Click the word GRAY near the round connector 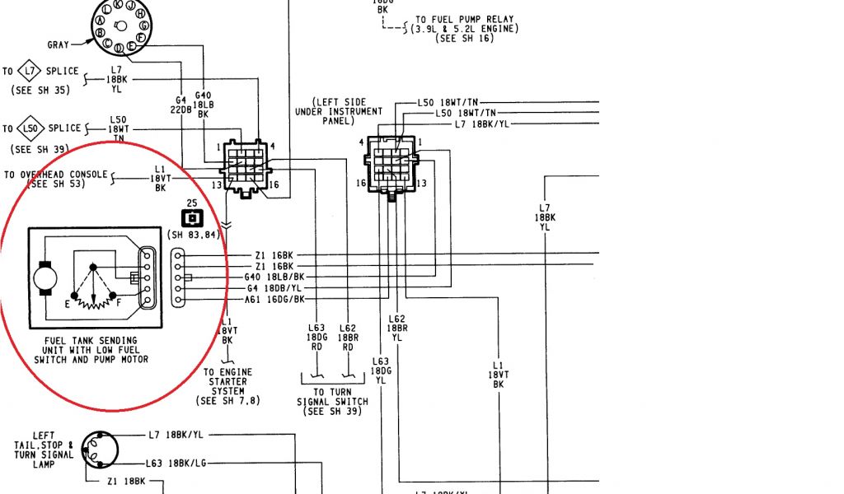[x=58, y=44]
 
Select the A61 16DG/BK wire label [x=274, y=300]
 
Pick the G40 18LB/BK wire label [x=274, y=277]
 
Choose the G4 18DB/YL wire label [x=275, y=288]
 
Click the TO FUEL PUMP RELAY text [x=466, y=19]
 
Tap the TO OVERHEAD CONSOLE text [x=55, y=175]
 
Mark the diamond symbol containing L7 [x=30, y=71]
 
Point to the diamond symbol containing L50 [x=30, y=128]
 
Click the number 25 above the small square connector [x=192, y=203]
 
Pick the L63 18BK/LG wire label [x=176, y=464]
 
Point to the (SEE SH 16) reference [x=465, y=39]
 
